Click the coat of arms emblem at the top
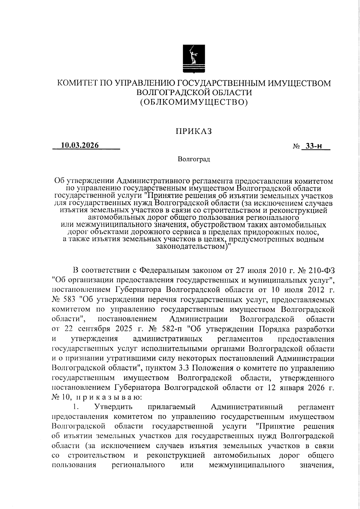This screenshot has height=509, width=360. [194, 59]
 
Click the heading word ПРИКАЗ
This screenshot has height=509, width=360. [193, 131]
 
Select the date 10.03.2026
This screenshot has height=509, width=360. [80, 145]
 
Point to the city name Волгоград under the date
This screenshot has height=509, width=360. [193, 159]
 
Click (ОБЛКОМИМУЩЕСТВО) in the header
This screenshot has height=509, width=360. [194, 103]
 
